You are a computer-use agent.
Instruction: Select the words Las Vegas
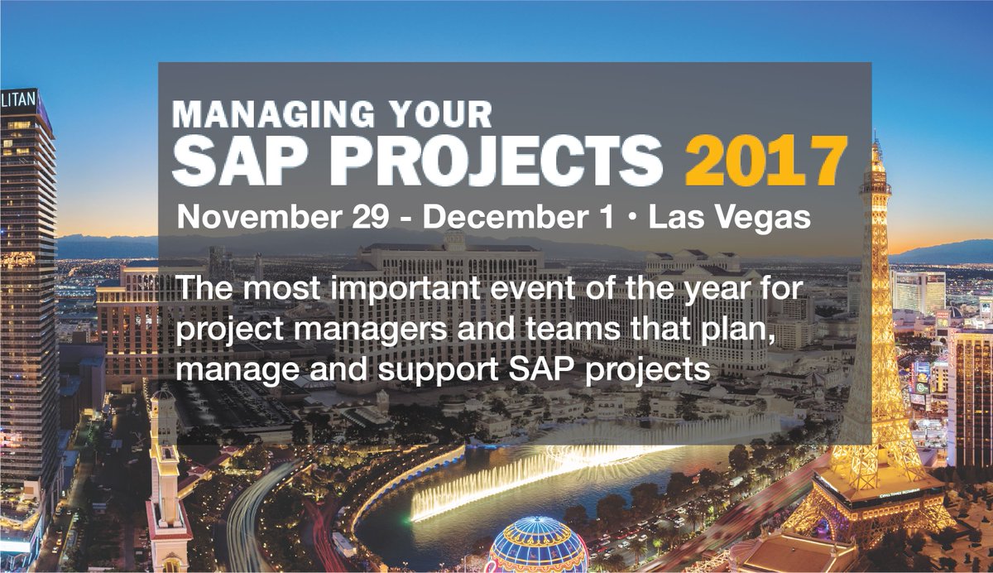(x=728, y=217)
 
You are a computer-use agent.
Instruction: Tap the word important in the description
(x=380, y=292)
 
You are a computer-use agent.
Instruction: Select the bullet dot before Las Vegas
(x=633, y=219)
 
